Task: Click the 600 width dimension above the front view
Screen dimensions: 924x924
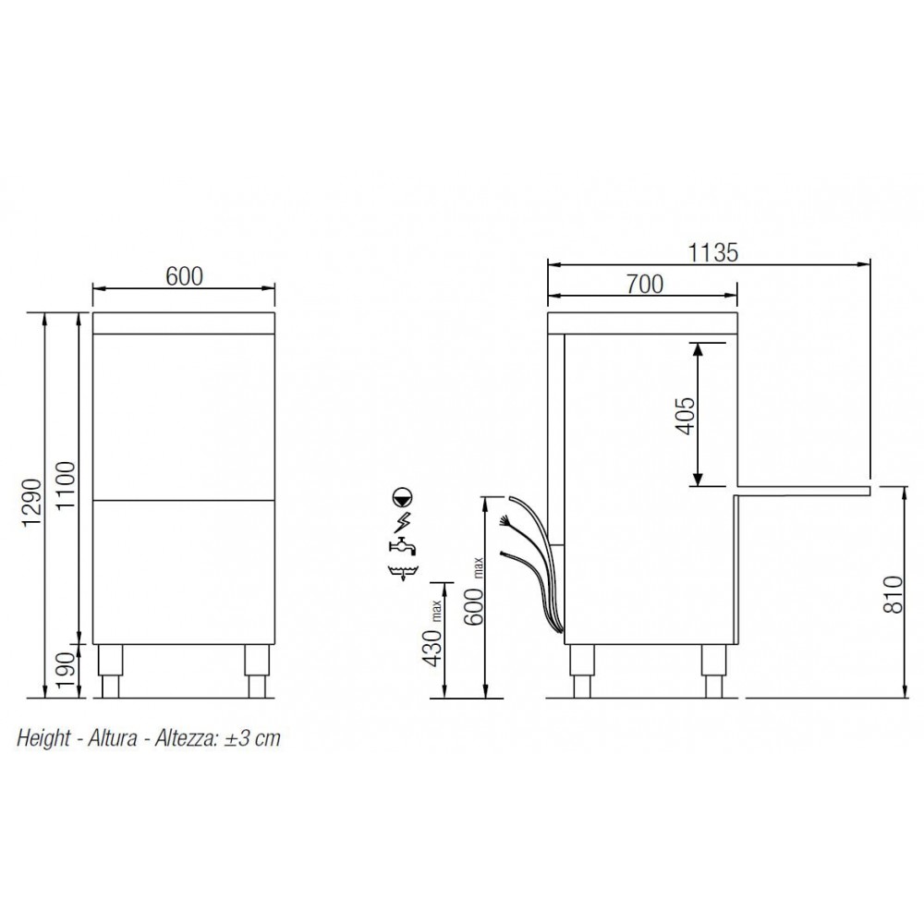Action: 184,276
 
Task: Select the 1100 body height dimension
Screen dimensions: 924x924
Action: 67,486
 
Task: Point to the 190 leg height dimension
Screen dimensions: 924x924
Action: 67,671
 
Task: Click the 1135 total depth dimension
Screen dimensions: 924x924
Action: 713,253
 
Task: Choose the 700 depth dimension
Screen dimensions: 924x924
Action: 645,285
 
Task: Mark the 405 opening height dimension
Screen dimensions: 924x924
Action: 686,416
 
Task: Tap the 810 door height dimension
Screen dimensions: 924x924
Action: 894,595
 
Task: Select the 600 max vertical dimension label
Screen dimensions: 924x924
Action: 475,591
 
